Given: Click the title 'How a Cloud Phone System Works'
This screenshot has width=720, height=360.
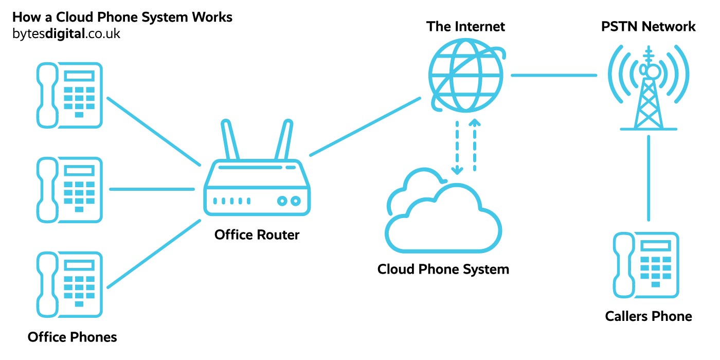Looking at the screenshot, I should [x=122, y=17].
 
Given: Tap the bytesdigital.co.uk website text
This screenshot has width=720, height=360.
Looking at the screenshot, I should [x=66, y=34].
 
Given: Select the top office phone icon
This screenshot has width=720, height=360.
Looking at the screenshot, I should [x=69, y=95].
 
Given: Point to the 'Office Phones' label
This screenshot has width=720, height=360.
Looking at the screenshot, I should [x=72, y=337].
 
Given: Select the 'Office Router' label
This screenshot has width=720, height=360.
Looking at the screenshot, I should [x=257, y=235].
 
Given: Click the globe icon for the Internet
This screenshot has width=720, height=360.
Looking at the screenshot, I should [x=465, y=75].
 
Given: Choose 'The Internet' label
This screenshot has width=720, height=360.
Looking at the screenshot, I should [x=465, y=26].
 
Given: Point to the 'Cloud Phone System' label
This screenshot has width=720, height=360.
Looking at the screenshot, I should [x=443, y=269].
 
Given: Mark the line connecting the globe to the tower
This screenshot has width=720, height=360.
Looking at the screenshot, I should [x=554, y=76].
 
